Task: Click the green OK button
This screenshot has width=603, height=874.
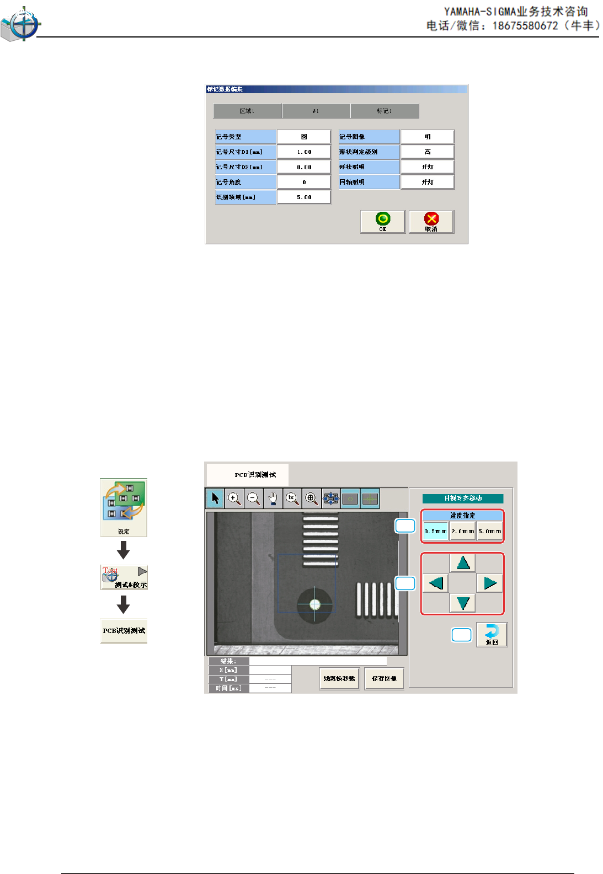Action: coord(383,222)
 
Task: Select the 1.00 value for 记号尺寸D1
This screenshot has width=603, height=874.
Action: coord(304,152)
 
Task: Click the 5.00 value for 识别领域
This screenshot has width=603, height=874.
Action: coord(304,197)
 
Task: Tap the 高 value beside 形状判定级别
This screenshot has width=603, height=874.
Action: coord(428,152)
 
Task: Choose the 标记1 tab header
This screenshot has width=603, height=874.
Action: coord(385,111)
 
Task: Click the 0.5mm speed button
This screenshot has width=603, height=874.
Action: coord(435,532)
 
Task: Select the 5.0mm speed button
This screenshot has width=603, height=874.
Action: coord(489,532)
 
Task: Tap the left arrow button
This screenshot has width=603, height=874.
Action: coord(436,583)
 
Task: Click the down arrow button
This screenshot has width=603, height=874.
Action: coord(463,603)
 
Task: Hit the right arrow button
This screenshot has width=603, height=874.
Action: coord(490,583)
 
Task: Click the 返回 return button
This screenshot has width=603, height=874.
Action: coord(492,634)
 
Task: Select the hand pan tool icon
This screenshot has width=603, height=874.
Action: coord(273,498)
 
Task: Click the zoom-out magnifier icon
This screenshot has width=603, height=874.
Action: coord(253,498)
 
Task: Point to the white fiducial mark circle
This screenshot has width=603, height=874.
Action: coord(315,604)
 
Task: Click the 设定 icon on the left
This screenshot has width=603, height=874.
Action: coord(124,507)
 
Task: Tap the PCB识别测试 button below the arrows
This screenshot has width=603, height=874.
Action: coord(124,631)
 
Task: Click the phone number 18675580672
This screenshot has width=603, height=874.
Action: coord(525,26)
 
